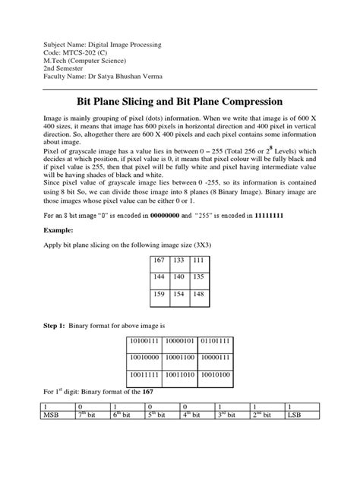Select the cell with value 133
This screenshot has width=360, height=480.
178,261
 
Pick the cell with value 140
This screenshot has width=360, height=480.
178,279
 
